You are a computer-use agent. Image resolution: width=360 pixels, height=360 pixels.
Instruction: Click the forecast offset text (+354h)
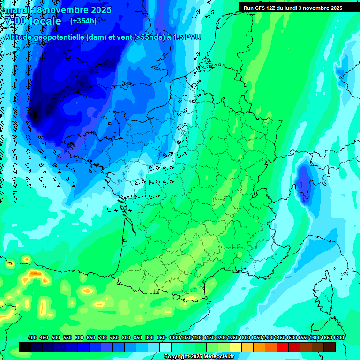pyautogui.click(x=83, y=21)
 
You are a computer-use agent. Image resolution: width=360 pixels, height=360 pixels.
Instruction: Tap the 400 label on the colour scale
pyautogui.click(x=32, y=337)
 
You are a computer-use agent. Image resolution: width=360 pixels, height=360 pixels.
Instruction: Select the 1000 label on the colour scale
pyautogui.click(x=174, y=337)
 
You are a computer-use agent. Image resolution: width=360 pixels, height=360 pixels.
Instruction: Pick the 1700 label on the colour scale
pyautogui.click(x=338, y=337)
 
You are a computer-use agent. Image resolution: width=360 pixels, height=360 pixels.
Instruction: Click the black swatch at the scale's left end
pyautogui.click(x=25, y=347)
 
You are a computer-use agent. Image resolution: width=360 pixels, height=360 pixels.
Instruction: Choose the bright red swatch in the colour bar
pyautogui.click(x=283, y=347)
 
